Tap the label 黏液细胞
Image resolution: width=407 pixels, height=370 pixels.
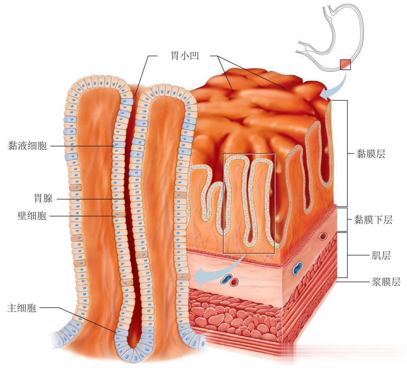click(28, 146)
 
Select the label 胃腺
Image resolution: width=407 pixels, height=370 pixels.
click(43, 198)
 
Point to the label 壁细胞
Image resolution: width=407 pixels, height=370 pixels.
click(32, 216)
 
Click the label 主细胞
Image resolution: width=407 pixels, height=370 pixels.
click(22, 308)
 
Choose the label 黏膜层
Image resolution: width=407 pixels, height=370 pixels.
click(371, 154)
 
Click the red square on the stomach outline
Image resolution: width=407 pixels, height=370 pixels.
click(345, 65)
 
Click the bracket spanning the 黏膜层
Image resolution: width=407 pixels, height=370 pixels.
click(346, 154)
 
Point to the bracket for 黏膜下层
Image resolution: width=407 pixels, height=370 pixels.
click(346, 219)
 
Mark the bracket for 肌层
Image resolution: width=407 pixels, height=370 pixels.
click(346, 256)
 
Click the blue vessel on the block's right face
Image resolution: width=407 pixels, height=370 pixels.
click(298, 267)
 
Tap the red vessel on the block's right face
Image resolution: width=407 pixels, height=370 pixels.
click(323, 236)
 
